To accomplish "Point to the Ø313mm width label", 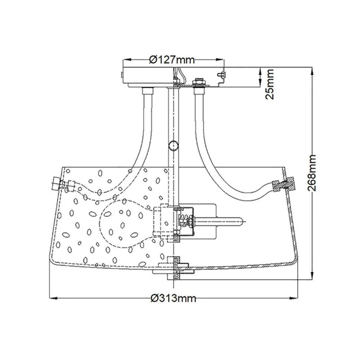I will coord(173,298).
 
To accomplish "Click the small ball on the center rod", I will coord(173,145).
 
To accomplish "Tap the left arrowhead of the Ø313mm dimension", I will coord(52,298).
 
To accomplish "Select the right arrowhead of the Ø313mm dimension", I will coord(295,298).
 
